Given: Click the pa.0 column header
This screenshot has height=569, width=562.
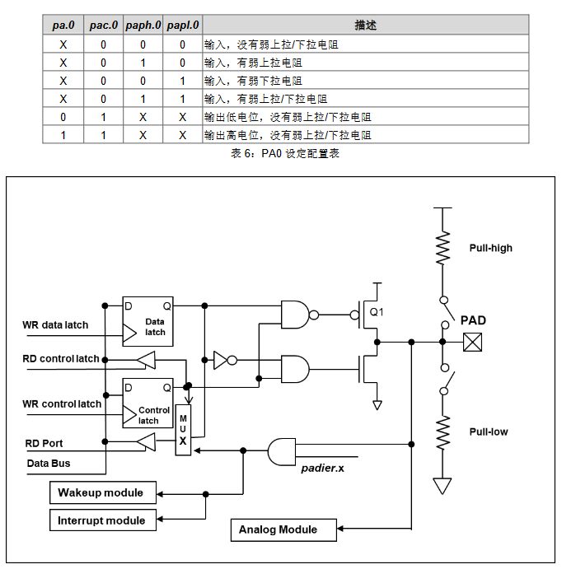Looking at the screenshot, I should click(63, 26).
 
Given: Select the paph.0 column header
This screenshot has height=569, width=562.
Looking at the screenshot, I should click(143, 26).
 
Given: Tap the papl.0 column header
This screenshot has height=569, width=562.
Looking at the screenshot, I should click(182, 26).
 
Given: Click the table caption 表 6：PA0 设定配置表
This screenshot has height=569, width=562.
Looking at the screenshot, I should click(285, 154).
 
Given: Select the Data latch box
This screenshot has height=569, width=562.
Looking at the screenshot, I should click(148, 321).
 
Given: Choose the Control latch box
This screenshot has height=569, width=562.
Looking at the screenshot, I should click(148, 403).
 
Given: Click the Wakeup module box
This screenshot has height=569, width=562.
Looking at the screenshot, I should click(101, 493).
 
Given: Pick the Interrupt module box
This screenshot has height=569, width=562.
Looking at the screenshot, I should click(101, 520).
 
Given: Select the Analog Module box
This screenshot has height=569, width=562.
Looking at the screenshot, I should click(283, 529).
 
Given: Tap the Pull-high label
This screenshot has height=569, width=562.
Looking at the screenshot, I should click(490, 248).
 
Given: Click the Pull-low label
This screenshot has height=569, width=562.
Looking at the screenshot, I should click(489, 431).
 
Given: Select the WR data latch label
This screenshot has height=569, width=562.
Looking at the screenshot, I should click(55, 325).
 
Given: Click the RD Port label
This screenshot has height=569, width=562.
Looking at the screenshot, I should click(44, 443).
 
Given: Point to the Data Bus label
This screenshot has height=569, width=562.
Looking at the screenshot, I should click(47, 464).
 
